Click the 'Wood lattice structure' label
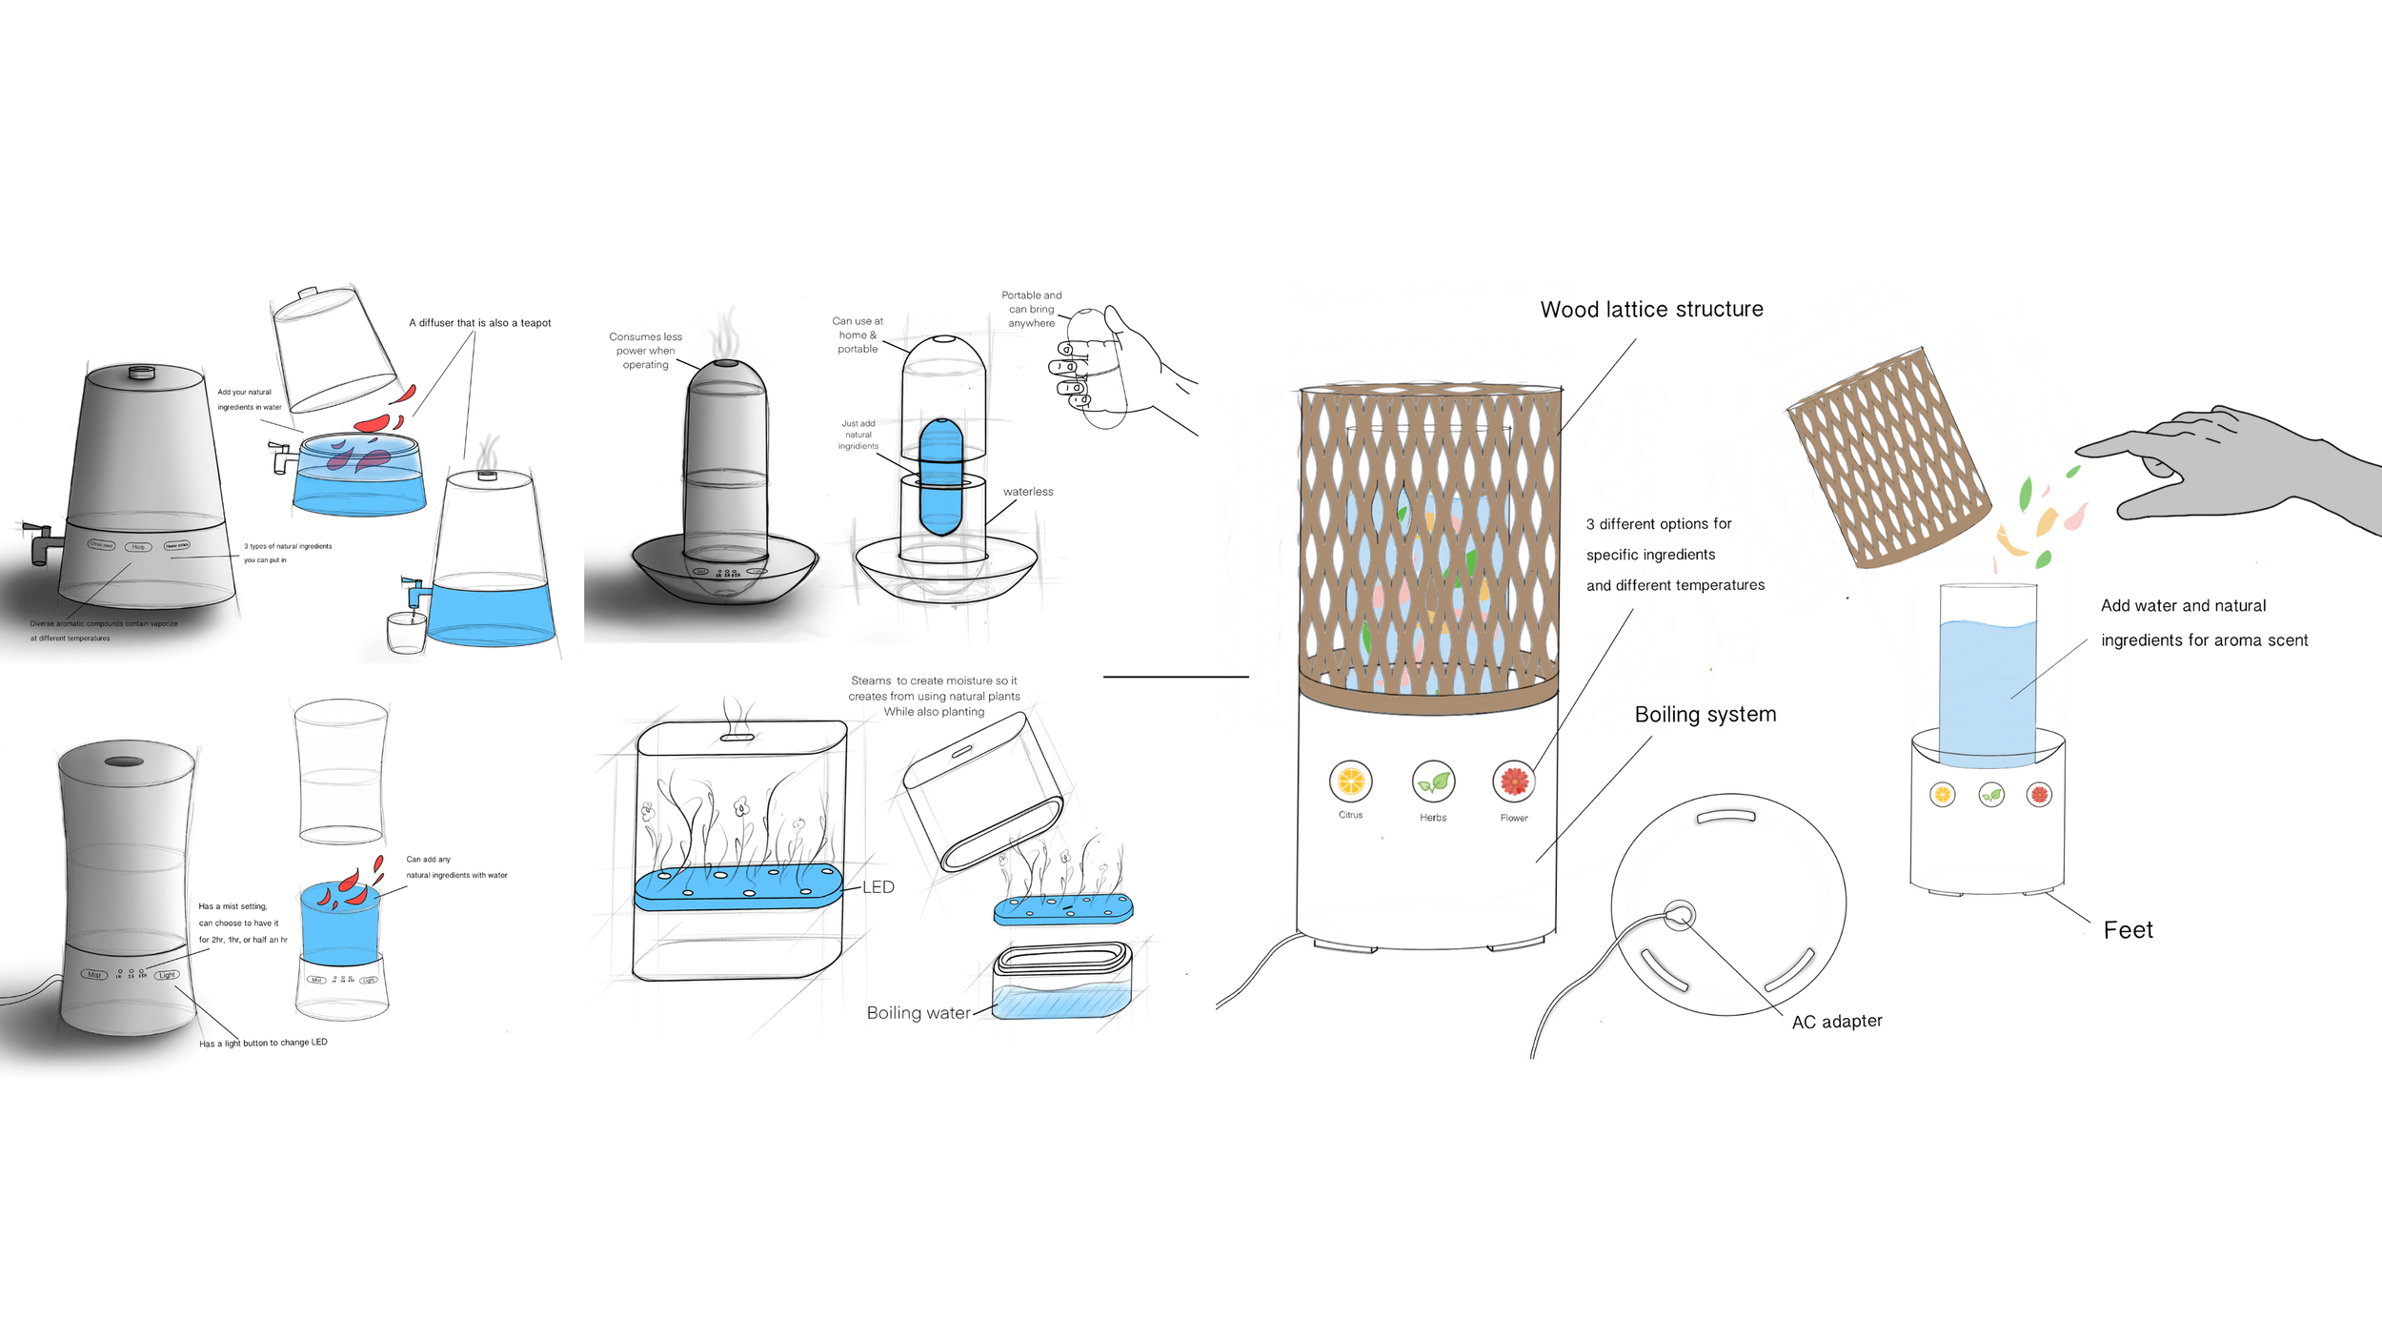coord(1651,310)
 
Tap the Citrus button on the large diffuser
coord(1350,782)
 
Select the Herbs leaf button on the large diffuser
coord(1433,782)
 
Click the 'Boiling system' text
coord(1705,715)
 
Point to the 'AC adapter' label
coord(1836,1022)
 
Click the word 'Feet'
coord(2128,930)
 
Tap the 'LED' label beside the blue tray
coord(878,887)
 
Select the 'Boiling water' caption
coord(918,1013)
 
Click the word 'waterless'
coord(1027,492)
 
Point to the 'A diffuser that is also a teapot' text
coord(479,323)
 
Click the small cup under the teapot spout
coord(406,633)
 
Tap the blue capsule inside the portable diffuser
coord(940,477)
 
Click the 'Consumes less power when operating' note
coord(645,351)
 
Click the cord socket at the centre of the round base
coord(1679,916)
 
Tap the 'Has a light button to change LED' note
coord(263,1043)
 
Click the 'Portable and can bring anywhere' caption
coord(1031,310)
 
